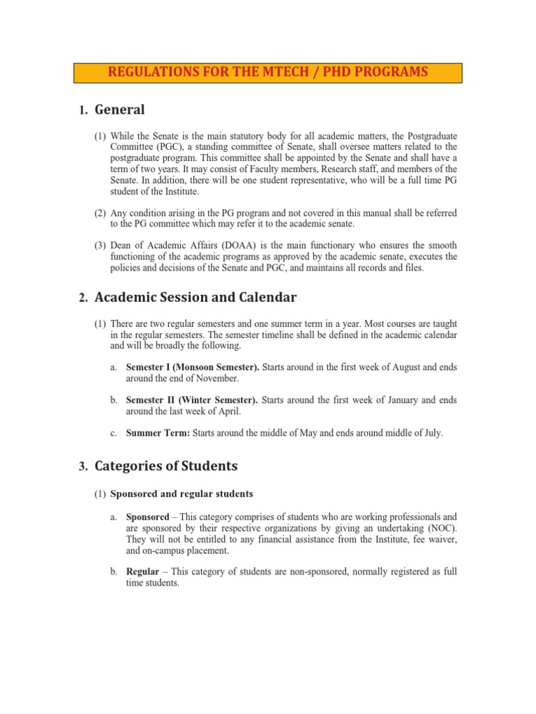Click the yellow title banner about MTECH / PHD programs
click(268, 73)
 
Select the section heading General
click(119, 109)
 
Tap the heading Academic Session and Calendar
click(195, 298)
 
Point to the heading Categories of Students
click(166, 466)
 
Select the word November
click(217, 378)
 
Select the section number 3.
click(82, 466)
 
